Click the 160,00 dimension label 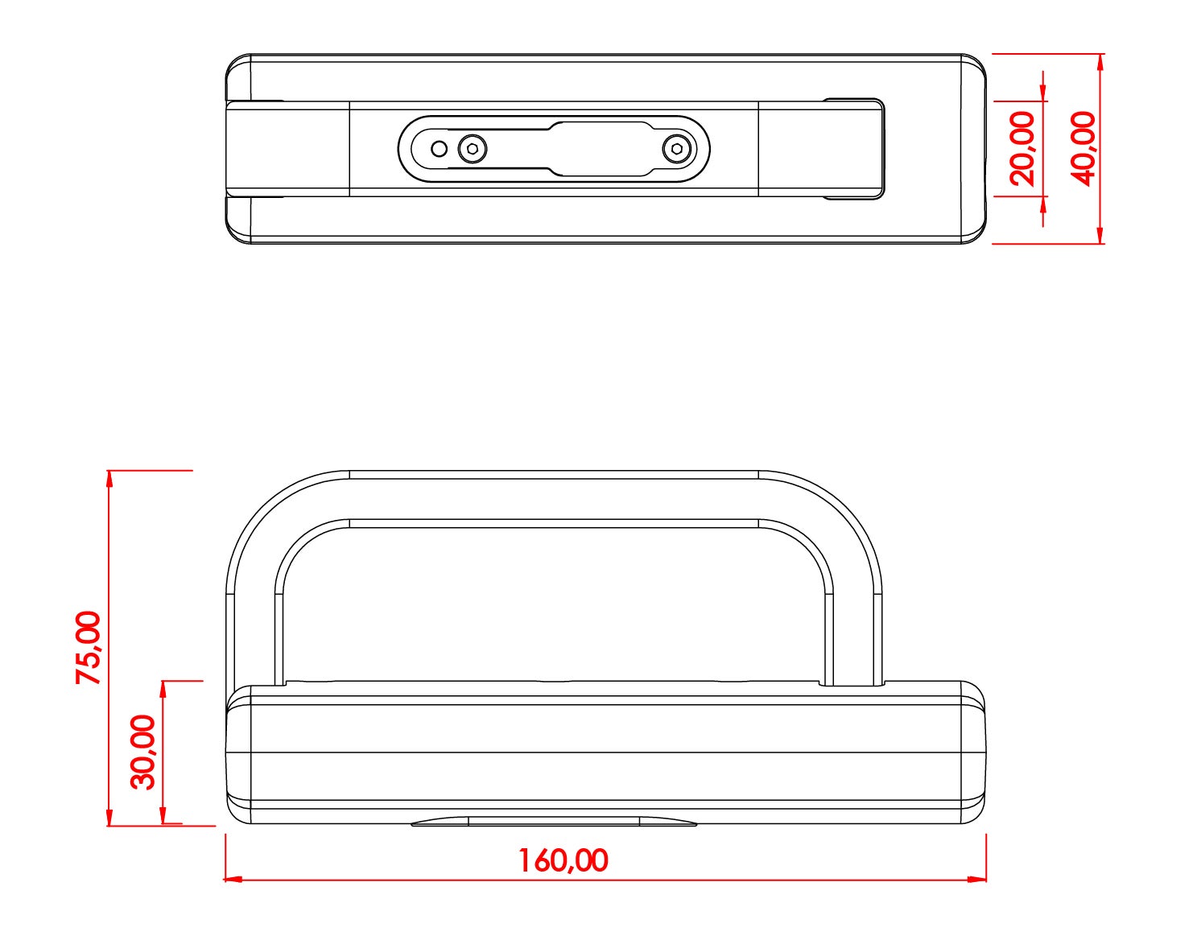click(x=563, y=860)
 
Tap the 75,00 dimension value click(x=89, y=648)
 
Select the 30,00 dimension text click(x=143, y=752)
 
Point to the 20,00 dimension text click(x=1022, y=149)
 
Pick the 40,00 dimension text click(x=1083, y=149)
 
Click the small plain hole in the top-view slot click(x=440, y=149)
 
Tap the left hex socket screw click(x=473, y=149)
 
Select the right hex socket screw click(x=677, y=149)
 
